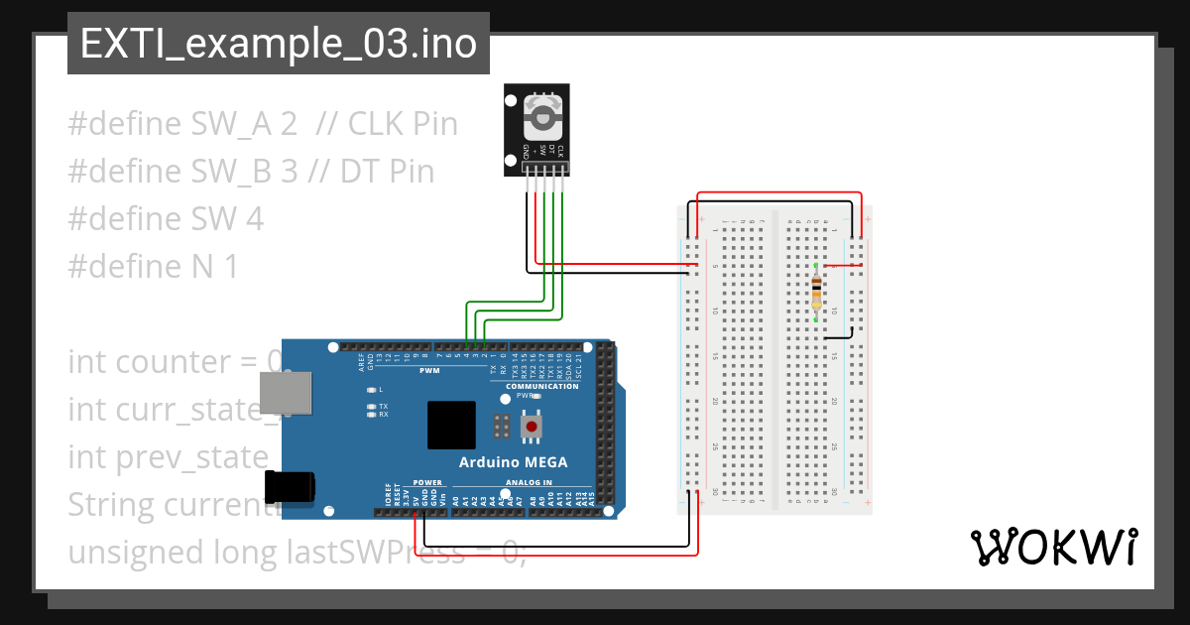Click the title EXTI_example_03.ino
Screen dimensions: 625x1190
point(278,45)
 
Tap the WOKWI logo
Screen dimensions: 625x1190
point(1052,547)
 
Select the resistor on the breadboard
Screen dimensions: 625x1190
point(816,293)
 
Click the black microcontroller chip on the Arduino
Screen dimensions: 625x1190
point(451,425)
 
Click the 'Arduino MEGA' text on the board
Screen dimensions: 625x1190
point(513,462)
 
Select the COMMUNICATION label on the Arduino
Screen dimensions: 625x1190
point(542,386)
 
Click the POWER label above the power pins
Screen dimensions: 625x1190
point(427,483)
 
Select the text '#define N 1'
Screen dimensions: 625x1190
point(153,267)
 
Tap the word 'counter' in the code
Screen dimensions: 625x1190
point(171,362)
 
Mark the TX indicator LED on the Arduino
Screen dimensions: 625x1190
point(371,407)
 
